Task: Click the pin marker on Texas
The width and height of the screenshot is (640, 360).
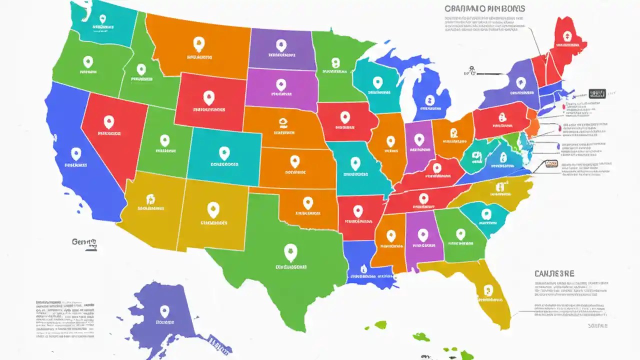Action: pos(289,250)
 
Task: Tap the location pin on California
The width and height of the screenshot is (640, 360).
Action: pos(76,153)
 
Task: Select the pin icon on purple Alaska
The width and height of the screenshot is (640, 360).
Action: pos(164,311)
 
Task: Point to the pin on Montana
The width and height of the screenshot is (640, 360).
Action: pos(199,43)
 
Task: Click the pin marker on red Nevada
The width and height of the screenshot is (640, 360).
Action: pos(108,121)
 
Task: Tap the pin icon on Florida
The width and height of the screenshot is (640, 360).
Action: pos(487,290)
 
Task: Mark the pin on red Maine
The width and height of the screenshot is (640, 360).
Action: pos(566,35)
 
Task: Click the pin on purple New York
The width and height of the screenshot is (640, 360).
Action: pos(521,82)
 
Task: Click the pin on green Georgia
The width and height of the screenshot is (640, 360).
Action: pos(460,234)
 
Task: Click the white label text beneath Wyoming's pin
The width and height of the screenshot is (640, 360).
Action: pos(209,109)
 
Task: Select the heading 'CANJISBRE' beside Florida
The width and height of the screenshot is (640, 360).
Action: pos(554,273)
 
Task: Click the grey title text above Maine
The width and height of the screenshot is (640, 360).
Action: pos(483,8)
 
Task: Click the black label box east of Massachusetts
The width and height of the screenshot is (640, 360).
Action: pos(597,93)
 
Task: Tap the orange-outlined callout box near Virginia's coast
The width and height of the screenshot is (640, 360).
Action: pos(551,163)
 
